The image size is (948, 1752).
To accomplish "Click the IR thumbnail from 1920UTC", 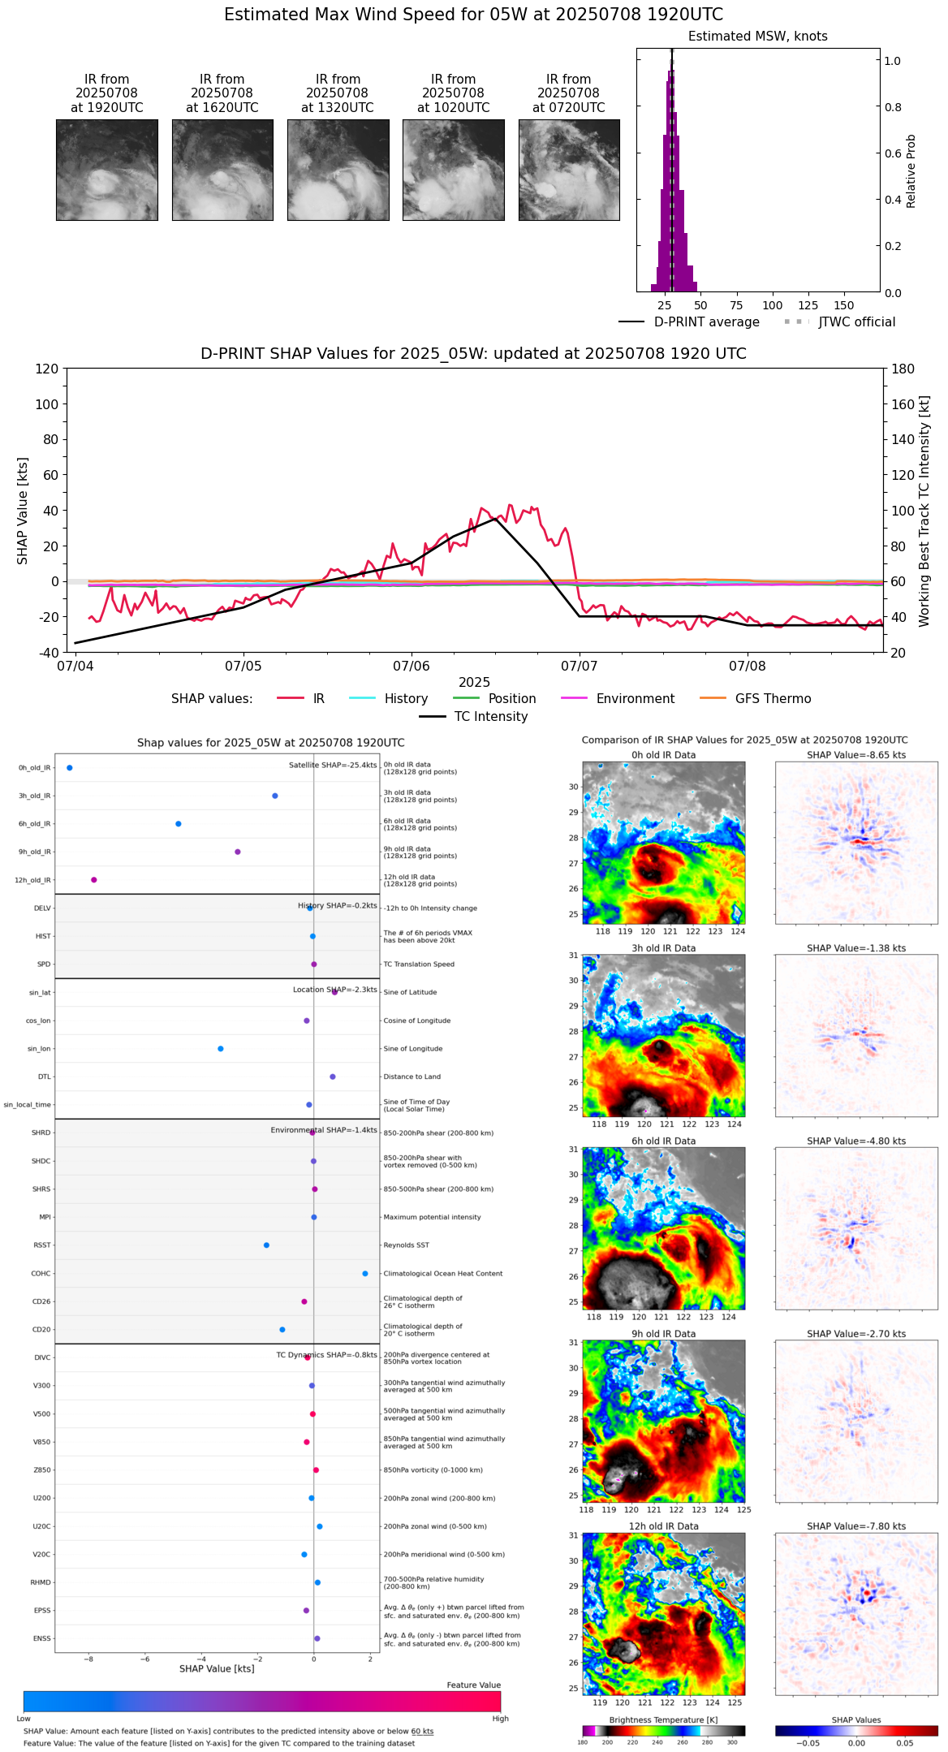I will click(106, 170).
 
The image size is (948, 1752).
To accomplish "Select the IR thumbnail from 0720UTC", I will click(568, 170).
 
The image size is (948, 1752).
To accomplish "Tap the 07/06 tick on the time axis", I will click(411, 666).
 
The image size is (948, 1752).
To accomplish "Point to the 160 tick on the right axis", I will click(903, 404).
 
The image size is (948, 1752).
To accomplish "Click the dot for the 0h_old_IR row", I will click(70, 768).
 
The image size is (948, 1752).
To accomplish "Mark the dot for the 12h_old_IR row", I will click(94, 880).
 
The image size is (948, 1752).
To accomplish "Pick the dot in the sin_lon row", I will click(221, 1049).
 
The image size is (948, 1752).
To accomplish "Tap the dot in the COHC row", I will click(365, 1274).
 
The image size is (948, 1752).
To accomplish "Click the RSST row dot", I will click(266, 1245).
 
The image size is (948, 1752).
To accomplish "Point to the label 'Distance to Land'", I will click(412, 1077).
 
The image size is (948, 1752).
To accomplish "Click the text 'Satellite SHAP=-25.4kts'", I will click(333, 766).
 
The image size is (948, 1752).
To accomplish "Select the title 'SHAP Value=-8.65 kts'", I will click(856, 756).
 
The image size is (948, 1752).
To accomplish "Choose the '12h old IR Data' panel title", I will click(663, 1527).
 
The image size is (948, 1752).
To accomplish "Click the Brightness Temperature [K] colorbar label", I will click(663, 1720).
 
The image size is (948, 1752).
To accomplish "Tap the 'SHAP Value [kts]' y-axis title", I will click(23, 511).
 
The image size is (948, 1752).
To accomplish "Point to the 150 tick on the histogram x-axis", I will click(844, 306).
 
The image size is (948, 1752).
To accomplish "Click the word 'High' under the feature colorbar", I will click(500, 1719).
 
